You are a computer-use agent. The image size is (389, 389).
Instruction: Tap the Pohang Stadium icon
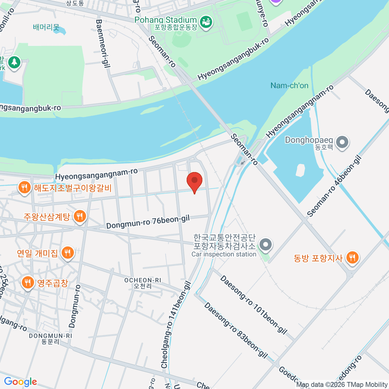(x=206, y=22)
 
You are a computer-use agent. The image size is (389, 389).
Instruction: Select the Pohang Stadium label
(x=166, y=20)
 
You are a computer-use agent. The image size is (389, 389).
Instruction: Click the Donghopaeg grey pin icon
(x=342, y=142)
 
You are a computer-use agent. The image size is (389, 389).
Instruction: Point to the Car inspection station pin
(x=266, y=245)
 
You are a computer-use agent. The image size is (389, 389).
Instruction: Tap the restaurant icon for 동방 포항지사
(x=352, y=258)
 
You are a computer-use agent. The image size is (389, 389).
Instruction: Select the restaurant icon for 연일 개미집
(x=67, y=253)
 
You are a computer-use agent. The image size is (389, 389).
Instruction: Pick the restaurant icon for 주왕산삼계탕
(x=80, y=216)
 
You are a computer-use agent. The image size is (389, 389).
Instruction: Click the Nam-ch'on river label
(x=289, y=86)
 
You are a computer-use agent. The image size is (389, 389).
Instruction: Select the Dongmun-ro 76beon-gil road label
(x=148, y=222)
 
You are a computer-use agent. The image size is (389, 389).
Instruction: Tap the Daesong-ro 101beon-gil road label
(x=253, y=305)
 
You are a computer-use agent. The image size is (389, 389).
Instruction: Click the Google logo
(x=20, y=382)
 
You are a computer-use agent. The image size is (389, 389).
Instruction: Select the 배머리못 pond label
(x=46, y=27)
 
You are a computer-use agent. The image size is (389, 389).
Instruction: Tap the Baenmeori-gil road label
(x=103, y=43)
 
